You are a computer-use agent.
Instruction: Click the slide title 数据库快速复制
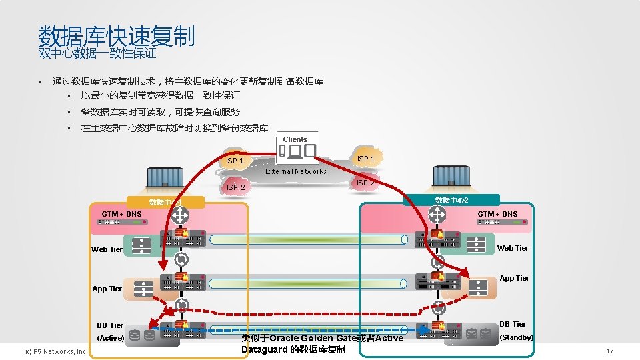(x=117, y=36)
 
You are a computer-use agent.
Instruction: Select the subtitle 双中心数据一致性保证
(x=97, y=53)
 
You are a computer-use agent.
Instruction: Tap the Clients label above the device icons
(x=295, y=139)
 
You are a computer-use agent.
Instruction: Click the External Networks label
(x=296, y=171)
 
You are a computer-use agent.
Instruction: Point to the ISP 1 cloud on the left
(x=235, y=161)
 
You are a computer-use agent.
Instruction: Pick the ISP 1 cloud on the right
(x=366, y=159)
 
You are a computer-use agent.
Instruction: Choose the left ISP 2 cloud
(x=236, y=187)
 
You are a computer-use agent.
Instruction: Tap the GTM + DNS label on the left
(x=121, y=214)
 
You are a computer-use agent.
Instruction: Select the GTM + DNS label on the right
(x=497, y=214)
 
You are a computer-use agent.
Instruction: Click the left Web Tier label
(x=107, y=249)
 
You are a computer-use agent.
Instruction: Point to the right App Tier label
(x=515, y=278)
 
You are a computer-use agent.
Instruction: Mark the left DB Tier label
(x=110, y=325)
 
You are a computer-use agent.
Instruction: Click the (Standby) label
(x=517, y=337)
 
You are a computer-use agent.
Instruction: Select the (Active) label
(x=111, y=338)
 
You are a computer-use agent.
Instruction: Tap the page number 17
(x=609, y=351)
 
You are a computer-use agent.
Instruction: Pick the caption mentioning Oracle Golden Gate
(x=323, y=343)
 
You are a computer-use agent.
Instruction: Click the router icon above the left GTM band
(x=179, y=215)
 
